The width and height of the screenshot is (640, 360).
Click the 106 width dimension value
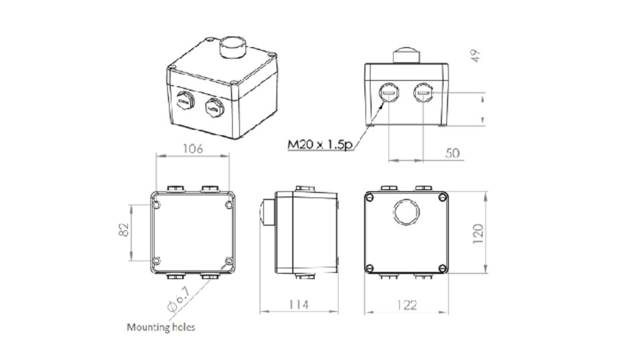pos(193,148)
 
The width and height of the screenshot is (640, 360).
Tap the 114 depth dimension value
pos(299,304)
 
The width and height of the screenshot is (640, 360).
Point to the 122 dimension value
pos(406,305)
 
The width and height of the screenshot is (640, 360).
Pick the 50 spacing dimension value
pos(452,153)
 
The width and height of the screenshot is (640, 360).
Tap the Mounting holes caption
pos(161,327)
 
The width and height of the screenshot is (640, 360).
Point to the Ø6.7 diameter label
pos(179,300)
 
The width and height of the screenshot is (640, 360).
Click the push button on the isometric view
pos(233,47)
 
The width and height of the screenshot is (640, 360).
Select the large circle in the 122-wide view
pos(406,212)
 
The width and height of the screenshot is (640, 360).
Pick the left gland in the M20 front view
pos(388,94)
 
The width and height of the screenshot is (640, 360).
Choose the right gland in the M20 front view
pos(423,94)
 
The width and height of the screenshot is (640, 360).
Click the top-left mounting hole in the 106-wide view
pos(156,205)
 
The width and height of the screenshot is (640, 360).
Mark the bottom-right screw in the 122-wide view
pos(442,268)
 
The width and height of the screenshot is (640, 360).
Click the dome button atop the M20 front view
pos(406,55)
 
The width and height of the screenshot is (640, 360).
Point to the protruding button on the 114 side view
pos(267,212)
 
